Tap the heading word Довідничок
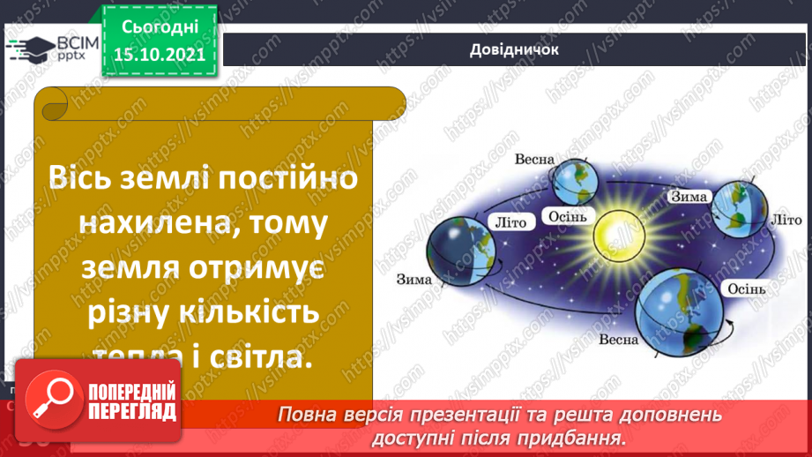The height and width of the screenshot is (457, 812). (x=515, y=49)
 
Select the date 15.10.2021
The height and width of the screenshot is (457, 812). (x=160, y=54)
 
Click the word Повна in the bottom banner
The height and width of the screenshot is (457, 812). (x=308, y=415)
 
